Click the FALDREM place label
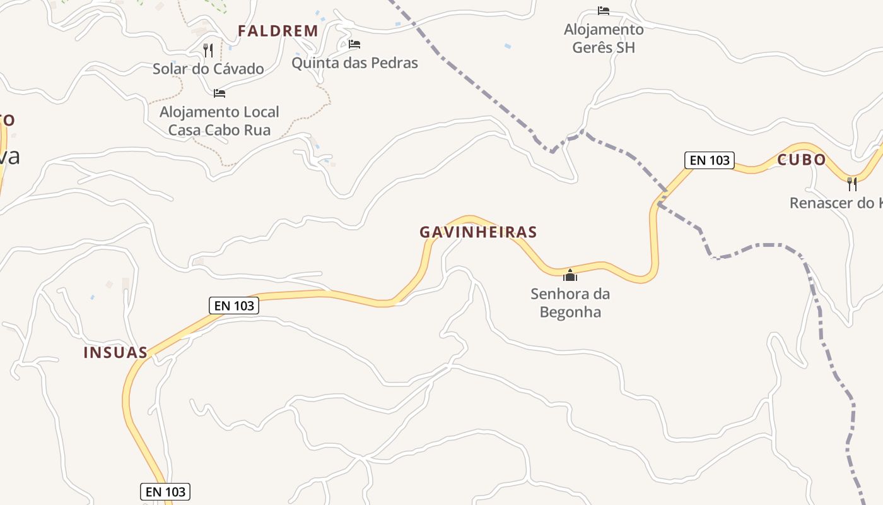coord(278,31)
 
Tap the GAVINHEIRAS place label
coord(478,232)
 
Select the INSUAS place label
coord(115,352)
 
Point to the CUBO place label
coord(801,160)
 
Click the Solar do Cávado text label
coord(208,69)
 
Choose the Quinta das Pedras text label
coord(354,63)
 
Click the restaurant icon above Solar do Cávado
coord(208,50)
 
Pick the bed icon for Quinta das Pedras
coord(354,44)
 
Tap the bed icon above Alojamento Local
coord(219,93)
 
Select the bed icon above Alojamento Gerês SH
coord(604,11)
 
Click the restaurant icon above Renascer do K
coord(852,184)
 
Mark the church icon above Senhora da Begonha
coord(570,275)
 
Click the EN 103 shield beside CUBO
coord(710,160)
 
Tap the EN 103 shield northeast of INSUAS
coord(234,306)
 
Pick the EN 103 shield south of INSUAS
coord(165,492)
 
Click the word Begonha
coord(570,312)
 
